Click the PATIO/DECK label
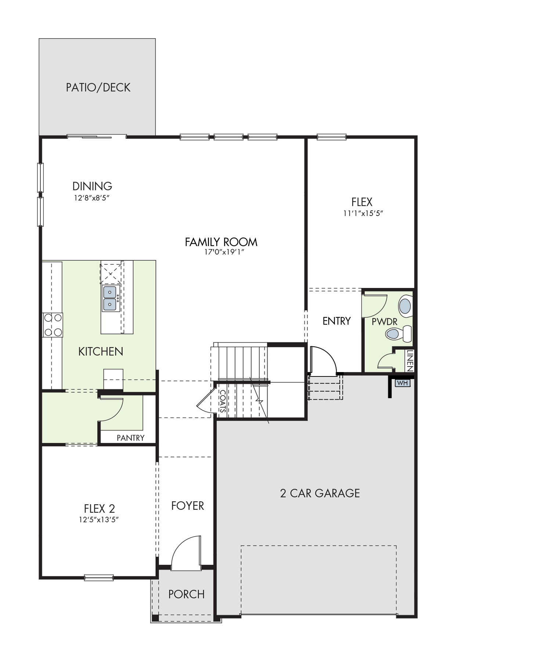(x=98, y=87)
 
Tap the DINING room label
(x=92, y=186)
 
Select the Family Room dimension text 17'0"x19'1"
(x=224, y=252)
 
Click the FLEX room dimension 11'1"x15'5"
(x=363, y=213)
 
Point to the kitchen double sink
(x=111, y=298)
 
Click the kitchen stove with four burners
(x=53, y=325)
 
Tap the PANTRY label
(x=130, y=438)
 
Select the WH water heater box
(x=402, y=383)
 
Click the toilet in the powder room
(x=398, y=334)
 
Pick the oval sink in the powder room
(x=405, y=306)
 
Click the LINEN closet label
(x=410, y=360)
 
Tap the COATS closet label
(x=223, y=401)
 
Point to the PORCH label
(x=186, y=594)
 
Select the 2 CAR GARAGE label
(x=320, y=493)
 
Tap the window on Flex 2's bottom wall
(x=99, y=578)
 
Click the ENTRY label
(x=336, y=321)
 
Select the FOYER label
(x=187, y=506)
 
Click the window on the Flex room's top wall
(x=332, y=137)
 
